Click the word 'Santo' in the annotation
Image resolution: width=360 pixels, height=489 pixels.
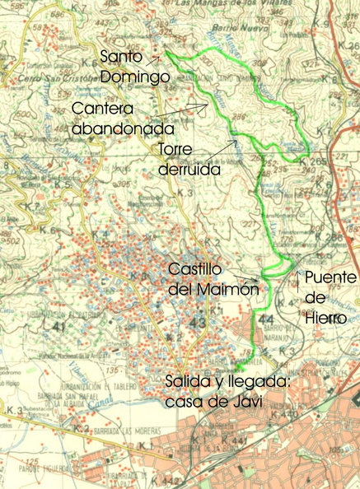point(120,58)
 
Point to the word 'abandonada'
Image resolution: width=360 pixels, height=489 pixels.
point(122,129)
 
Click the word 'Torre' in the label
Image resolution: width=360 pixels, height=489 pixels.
point(175,150)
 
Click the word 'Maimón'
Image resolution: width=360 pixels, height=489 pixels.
point(229,290)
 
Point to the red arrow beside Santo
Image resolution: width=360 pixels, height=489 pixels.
point(154,58)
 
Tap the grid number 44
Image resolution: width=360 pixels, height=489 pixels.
point(265,318)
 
